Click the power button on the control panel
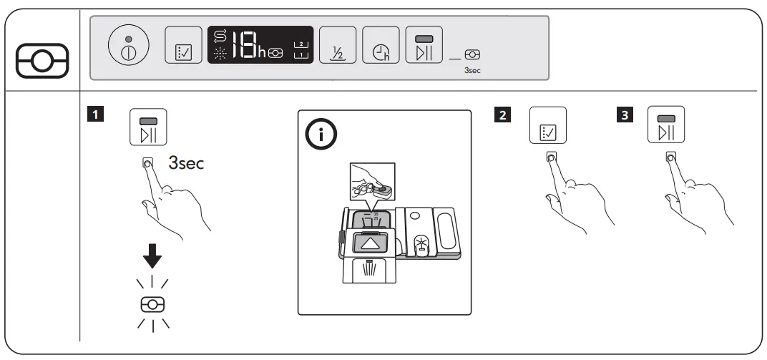pyautogui.click(x=128, y=48)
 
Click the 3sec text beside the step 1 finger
pyautogui.click(x=185, y=164)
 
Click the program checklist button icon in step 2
pyautogui.click(x=547, y=125)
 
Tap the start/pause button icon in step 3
pyautogui.click(x=666, y=125)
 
